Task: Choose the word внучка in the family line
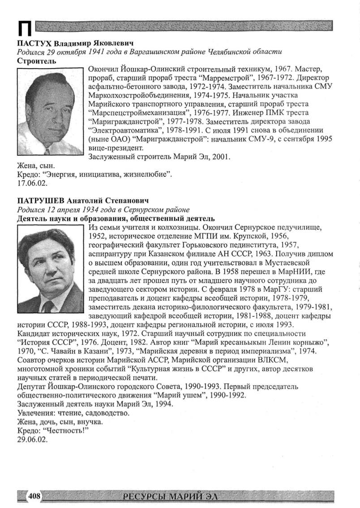click(93, 422)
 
